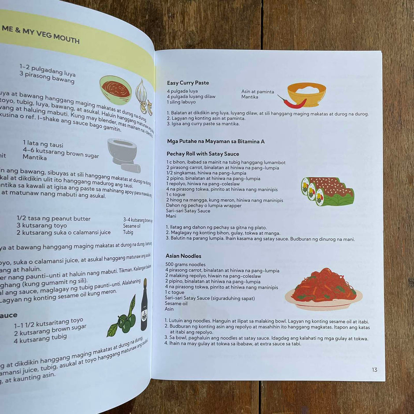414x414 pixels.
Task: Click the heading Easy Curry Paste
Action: point(188,83)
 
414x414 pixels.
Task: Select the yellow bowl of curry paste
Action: point(307,94)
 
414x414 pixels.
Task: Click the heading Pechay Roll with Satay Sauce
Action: point(203,154)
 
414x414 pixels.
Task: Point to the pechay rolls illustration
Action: point(328,191)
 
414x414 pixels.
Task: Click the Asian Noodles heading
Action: point(183,256)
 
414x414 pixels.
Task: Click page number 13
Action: point(374,370)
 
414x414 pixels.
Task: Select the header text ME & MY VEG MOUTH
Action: point(41,35)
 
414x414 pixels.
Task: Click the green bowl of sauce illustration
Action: point(115,89)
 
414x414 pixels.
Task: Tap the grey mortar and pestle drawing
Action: point(123,154)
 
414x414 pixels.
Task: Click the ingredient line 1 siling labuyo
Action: point(181,102)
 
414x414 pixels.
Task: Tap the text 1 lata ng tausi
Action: point(43,144)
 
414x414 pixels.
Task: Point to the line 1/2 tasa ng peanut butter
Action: point(53,218)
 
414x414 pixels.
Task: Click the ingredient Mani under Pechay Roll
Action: point(171,216)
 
